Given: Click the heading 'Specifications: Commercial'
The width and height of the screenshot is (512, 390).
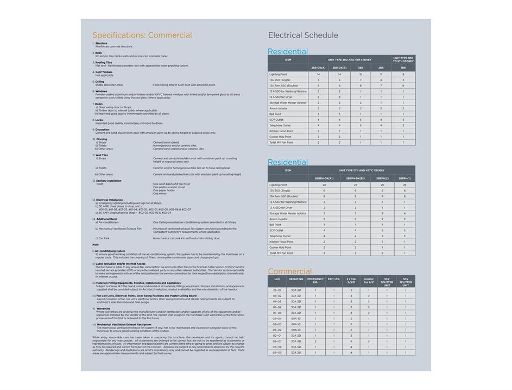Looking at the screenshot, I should tap(142, 35).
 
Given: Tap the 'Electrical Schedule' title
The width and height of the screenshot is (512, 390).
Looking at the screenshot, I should tap(303, 35).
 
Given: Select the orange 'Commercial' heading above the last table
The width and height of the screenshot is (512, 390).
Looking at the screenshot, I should tap(289, 271).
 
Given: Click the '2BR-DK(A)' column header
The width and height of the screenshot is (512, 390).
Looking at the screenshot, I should tap(318, 67).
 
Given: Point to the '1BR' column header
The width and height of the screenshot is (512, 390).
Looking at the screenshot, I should tap(403, 67).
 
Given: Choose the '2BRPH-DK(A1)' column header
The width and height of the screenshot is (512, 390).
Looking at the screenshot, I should tap(324, 178).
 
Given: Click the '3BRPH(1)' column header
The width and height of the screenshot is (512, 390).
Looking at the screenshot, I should tap(404, 178).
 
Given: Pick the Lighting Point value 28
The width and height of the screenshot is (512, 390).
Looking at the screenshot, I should tap(404, 185).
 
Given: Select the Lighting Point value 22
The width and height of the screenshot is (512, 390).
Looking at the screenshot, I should tap(356, 185).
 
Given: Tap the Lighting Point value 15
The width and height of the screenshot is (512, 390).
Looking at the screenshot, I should tap(361, 74).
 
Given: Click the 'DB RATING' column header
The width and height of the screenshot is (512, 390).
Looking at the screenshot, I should tap(296, 279).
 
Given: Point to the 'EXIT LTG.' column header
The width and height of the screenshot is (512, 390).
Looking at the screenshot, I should tap(334, 279).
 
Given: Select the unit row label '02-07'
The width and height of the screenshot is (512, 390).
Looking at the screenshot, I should tap(277, 341).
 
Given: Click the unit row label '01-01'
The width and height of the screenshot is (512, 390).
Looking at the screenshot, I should tap(277, 290).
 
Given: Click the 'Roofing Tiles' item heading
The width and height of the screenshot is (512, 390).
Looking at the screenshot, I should tap(103, 63).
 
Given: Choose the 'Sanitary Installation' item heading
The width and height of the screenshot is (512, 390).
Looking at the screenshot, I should tap(109, 181).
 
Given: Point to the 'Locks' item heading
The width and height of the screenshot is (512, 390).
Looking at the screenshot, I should tap(99, 120).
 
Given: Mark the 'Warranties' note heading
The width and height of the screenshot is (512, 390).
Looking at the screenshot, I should tap(103, 308).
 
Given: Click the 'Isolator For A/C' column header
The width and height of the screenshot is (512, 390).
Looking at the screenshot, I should tap(369, 281).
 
